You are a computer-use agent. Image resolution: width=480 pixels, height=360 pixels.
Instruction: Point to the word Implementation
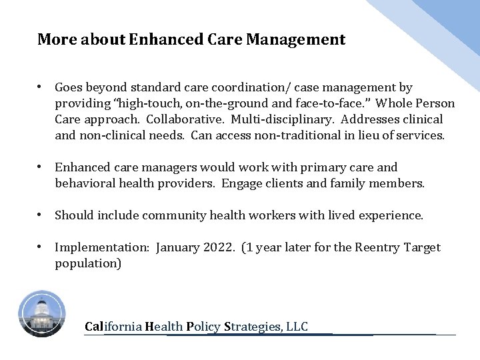coord(102,248)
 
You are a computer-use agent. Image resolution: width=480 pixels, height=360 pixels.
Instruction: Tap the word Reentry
coord(377,248)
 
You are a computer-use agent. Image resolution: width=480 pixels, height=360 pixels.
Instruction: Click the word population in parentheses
coord(85,263)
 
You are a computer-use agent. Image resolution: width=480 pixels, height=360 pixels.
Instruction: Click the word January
coord(179,248)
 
